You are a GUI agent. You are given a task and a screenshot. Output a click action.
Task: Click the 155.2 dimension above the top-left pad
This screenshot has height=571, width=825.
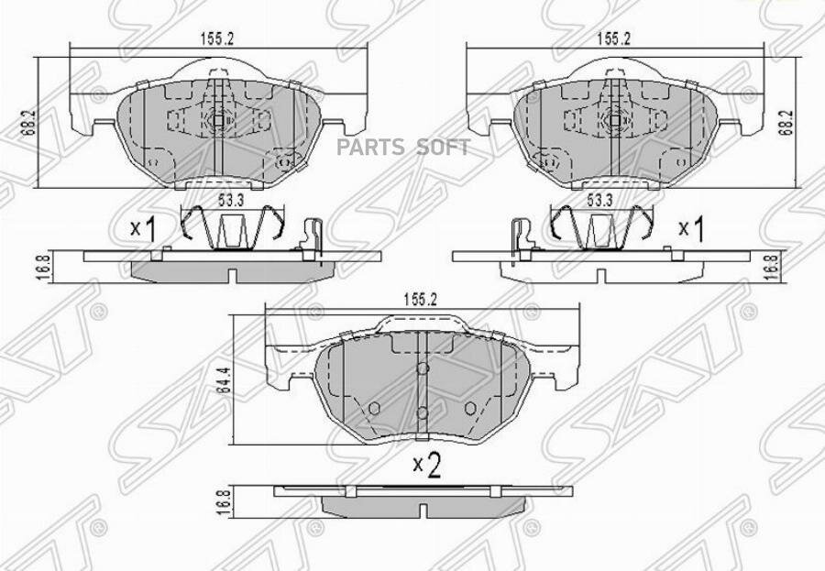point(216,38)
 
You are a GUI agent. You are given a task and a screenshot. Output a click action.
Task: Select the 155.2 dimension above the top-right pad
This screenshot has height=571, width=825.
point(613,38)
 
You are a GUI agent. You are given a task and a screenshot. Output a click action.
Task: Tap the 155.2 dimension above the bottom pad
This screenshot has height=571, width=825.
point(421,299)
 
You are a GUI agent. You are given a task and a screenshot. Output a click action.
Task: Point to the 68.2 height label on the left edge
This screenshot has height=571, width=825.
point(29,123)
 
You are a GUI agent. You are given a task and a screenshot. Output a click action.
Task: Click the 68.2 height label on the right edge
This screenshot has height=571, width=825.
point(787,123)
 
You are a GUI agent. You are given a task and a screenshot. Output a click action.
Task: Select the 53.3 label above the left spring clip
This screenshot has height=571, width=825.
point(232,201)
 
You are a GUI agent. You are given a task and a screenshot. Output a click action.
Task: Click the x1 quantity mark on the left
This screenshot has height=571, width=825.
point(143,229)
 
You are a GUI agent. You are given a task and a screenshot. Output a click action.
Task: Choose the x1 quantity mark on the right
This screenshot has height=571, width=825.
point(691,229)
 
